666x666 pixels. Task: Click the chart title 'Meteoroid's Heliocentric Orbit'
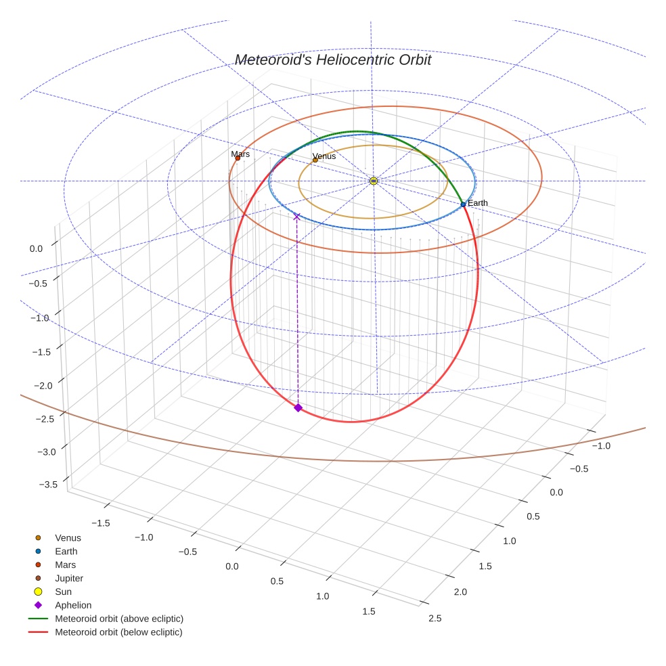point(332,60)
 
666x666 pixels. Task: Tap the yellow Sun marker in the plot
point(374,181)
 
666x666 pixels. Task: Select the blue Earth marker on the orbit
point(463,204)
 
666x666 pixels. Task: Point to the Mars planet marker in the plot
point(238,158)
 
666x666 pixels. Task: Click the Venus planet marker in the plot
point(315,160)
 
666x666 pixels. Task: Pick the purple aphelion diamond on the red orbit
point(298,407)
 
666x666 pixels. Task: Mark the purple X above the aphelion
point(296,217)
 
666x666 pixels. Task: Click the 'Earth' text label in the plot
point(478,203)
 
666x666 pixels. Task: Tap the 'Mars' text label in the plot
point(240,154)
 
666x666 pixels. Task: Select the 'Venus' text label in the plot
point(324,156)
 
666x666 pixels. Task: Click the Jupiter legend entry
point(68,578)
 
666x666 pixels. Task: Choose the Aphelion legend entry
point(72,605)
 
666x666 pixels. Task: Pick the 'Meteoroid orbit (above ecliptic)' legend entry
point(118,619)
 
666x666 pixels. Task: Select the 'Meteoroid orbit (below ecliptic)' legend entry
point(118,632)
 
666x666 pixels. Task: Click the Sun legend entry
point(63,592)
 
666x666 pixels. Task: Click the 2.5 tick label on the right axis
point(435,618)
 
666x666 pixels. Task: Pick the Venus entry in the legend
point(68,538)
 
